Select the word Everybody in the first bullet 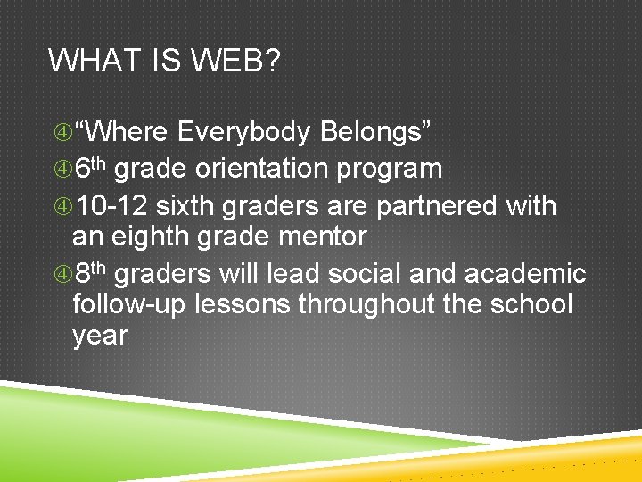coord(243,133)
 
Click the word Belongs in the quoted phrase coord(375,133)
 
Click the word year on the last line coord(100,337)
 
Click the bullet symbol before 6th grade coord(60,169)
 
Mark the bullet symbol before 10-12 coord(60,206)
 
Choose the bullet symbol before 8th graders coord(60,274)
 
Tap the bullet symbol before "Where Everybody coord(60,134)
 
